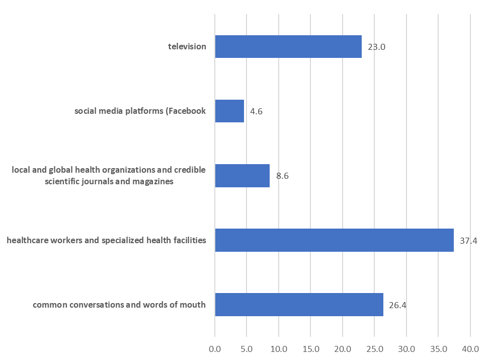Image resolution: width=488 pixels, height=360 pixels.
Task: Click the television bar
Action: click(288, 47)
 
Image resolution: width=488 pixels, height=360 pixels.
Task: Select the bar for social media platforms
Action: click(229, 111)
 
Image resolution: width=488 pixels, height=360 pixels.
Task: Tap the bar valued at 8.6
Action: click(242, 176)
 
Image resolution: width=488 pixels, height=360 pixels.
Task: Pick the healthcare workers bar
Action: click(334, 240)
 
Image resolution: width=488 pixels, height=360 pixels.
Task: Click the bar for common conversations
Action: click(299, 305)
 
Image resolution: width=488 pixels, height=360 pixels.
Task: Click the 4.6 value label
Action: click(256, 111)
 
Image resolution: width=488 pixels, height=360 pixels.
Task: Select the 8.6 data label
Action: click(282, 176)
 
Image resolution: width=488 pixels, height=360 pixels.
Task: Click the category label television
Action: click(187, 47)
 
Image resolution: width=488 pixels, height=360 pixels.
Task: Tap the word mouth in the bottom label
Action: click(194, 305)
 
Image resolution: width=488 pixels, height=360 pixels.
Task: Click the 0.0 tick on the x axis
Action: click(215, 348)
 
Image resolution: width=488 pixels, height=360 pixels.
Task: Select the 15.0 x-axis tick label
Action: click(310, 348)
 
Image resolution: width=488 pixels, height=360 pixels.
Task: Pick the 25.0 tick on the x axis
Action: click(374, 348)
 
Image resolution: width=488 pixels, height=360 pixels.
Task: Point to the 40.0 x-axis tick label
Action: click(470, 348)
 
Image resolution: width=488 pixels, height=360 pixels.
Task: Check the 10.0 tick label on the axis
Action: click(279, 348)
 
